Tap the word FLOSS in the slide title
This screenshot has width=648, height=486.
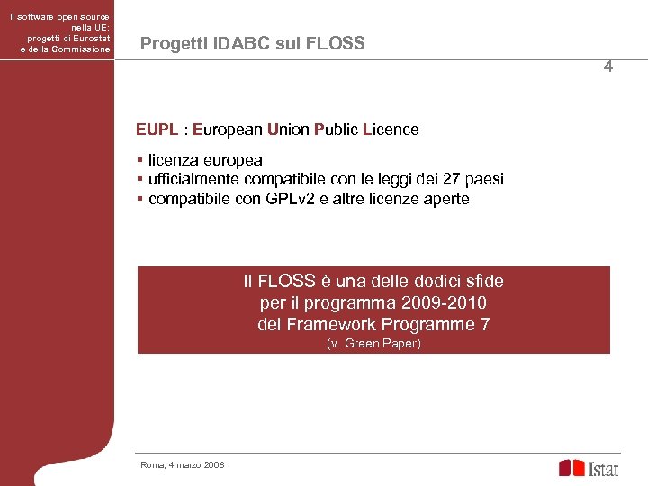(x=337, y=43)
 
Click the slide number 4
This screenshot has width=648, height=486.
(x=608, y=67)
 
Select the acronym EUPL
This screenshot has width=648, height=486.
(x=157, y=130)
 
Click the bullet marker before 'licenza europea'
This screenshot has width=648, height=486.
(x=139, y=160)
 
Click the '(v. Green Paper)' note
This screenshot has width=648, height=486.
(x=373, y=344)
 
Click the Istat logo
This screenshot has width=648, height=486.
(x=589, y=468)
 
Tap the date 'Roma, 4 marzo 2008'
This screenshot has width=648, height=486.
(x=183, y=464)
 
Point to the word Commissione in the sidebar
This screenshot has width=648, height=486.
(x=80, y=49)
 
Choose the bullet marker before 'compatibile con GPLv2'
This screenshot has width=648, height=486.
(x=139, y=199)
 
